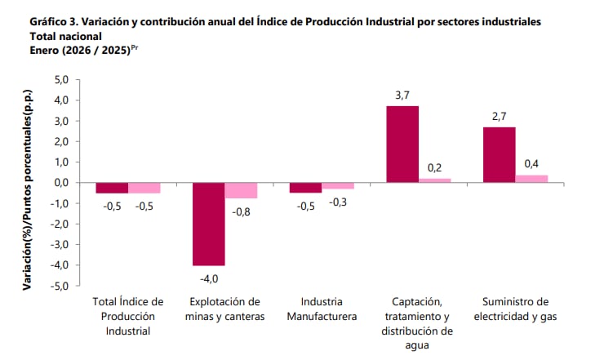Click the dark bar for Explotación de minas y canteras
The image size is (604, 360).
tap(208, 224)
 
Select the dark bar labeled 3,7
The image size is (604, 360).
tap(402, 144)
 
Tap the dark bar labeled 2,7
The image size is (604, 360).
tap(499, 155)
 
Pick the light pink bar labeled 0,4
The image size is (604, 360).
tap(531, 179)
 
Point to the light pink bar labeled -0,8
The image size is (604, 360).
tap(241, 190)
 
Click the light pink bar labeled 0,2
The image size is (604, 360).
tap(434, 180)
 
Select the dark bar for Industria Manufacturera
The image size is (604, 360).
tap(305, 188)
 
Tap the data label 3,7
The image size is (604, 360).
tap(402, 96)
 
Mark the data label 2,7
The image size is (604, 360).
tap(499, 117)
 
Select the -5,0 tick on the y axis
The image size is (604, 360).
tap(60, 286)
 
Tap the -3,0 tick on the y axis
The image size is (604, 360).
tap(60, 244)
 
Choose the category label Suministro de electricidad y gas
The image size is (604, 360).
tap(514, 309)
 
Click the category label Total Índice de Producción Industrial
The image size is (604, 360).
tap(129, 316)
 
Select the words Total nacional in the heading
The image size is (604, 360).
tap(65, 36)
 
